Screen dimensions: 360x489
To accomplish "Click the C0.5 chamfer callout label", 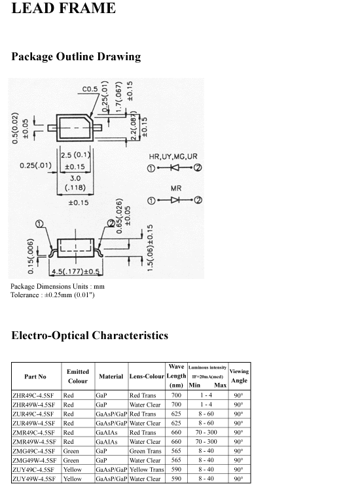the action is click(x=90, y=89).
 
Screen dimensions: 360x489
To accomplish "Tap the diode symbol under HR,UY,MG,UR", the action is click(x=175, y=168).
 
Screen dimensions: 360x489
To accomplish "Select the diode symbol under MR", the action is click(x=175, y=200).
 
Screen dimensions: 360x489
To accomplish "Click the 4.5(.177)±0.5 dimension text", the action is click(x=76, y=272).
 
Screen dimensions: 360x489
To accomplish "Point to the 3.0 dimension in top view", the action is click(x=75, y=179).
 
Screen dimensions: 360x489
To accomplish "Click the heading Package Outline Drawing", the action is click(x=76, y=56).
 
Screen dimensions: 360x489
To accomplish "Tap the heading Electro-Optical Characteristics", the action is click(x=90, y=335).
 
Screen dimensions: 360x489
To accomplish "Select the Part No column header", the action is click(x=35, y=376).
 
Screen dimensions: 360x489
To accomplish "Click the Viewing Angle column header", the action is click(x=240, y=376).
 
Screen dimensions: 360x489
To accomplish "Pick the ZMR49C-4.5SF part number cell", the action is click(x=33, y=433).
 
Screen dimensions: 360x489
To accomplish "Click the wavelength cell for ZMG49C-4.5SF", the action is click(x=176, y=451).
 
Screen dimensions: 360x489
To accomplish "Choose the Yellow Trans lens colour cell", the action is click(x=147, y=469).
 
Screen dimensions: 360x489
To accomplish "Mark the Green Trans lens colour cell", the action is click(x=145, y=451).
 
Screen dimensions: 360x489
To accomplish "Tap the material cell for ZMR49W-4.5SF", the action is click(x=107, y=442).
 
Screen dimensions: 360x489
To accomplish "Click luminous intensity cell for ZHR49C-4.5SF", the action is click(x=206, y=395).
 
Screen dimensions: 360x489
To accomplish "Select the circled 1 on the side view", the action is click(x=40, y=224).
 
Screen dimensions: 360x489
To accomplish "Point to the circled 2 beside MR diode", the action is click(x=198, y=200).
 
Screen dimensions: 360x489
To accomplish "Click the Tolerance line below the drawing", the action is click(x=52, y=295).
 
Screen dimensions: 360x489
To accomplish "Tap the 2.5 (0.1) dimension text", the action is click(x=75, y=155).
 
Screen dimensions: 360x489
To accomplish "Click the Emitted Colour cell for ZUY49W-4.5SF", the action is click(x=73, y=479).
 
